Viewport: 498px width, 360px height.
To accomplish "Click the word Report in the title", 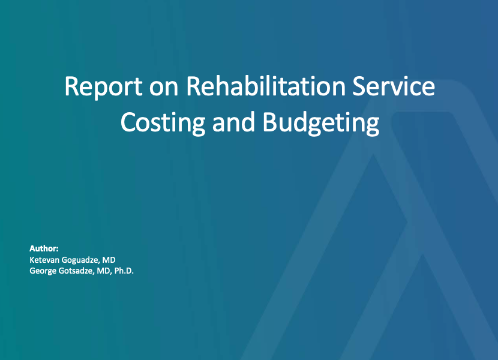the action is (104, 86).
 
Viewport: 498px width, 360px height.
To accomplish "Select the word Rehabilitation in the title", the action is (266, 86).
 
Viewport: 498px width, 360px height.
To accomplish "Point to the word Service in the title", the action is (394, 86).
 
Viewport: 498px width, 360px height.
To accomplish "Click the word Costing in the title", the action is (163, 122).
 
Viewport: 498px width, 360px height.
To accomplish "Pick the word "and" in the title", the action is (233, 122).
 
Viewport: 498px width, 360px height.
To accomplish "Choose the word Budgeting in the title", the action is (321, 122).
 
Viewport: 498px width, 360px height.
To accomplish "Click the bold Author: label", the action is (44, 248).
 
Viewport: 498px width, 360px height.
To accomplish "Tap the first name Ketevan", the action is (44, 260).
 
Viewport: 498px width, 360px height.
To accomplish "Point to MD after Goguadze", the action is (109, 260).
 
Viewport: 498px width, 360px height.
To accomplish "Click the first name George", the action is (43, 271).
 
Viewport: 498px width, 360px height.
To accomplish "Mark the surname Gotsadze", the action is (76, 271).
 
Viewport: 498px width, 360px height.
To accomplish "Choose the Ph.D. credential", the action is (124, 271).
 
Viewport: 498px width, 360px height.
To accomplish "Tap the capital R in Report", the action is (71, 86).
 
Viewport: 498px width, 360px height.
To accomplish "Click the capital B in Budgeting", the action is (269, 122).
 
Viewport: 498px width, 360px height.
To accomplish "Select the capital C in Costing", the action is (128, 122).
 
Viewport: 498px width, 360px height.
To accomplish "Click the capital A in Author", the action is (32, 248).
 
